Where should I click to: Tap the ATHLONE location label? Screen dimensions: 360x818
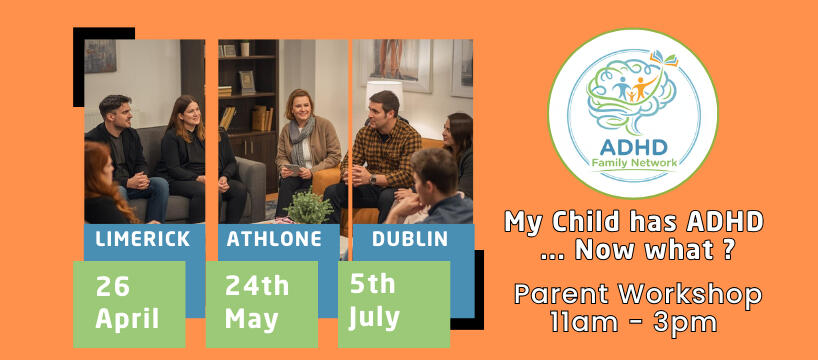[x=273, y=240]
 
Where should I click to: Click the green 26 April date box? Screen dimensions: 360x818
[x=129, y=304]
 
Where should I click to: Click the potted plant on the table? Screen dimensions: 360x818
[x=310, y=207]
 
